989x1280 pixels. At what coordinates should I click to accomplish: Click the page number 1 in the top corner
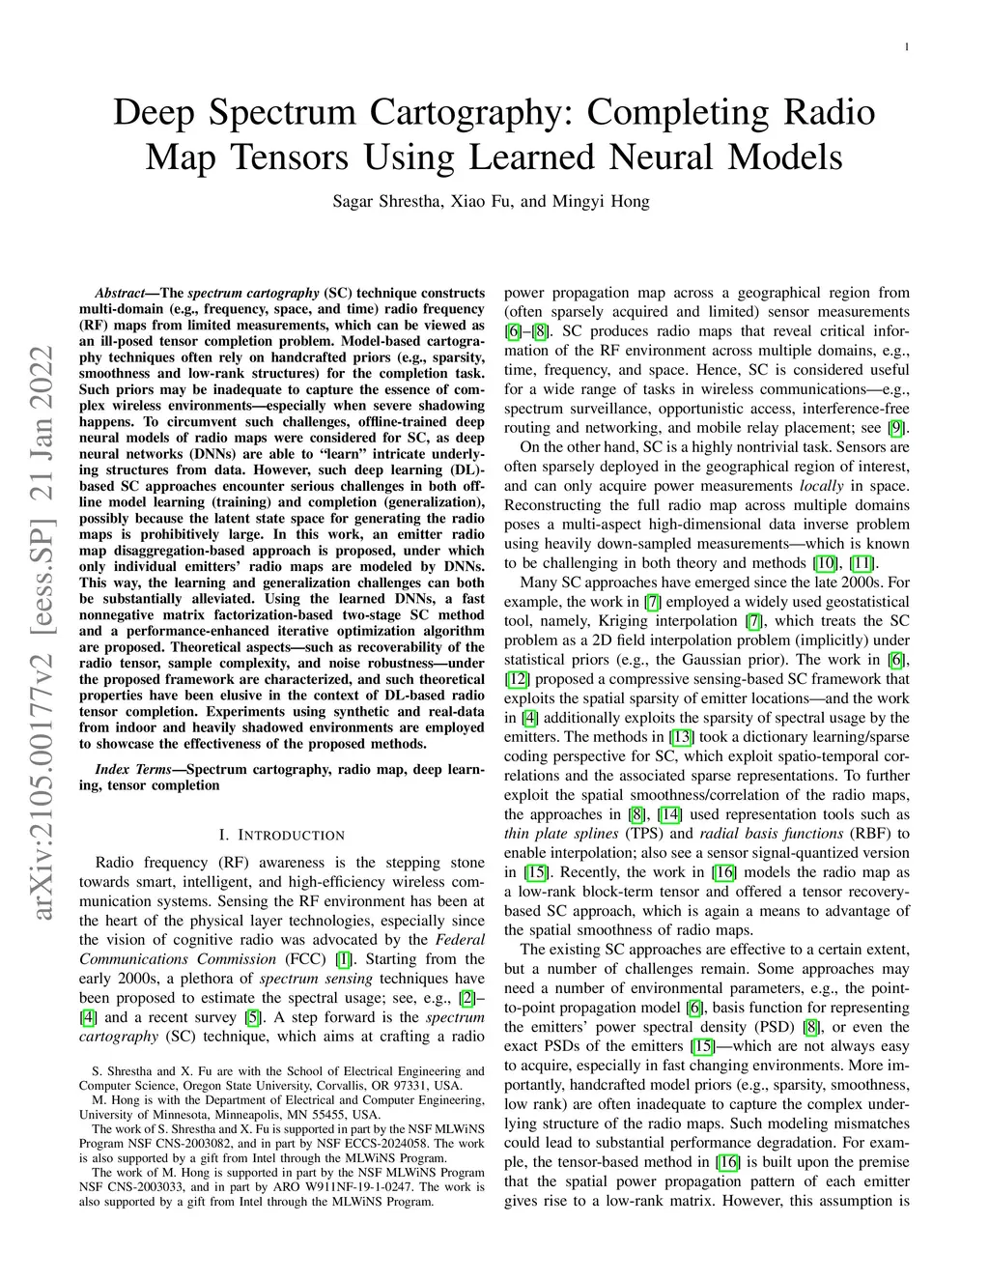[x=910, y=46]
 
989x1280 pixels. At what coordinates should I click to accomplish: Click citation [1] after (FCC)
[x=343, y=959]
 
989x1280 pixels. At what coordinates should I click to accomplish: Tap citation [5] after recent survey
[x=252, y=1017]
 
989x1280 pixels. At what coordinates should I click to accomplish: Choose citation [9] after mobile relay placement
[x=897, y=428]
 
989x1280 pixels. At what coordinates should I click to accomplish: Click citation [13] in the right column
[x=682, y=737]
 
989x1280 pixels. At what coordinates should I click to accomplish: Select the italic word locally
[x=821, y=486]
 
